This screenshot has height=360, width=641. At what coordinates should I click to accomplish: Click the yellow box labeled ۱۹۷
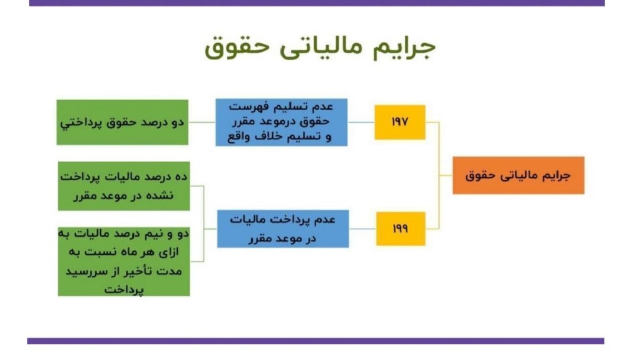click(400, 122)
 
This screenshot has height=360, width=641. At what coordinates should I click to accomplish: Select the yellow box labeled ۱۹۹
click(401, 229)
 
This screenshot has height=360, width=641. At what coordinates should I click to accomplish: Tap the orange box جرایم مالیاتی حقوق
click(518, 175)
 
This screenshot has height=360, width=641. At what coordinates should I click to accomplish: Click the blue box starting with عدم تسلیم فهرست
click(282, 122)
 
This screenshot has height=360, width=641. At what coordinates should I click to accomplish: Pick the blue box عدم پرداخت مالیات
click(283, 229)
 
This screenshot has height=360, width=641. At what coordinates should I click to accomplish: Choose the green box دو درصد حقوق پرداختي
click(122, 122)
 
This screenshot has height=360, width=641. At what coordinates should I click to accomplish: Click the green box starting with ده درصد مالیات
click(124, 186)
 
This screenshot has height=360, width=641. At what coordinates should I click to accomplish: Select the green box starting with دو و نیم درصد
click(124, 262)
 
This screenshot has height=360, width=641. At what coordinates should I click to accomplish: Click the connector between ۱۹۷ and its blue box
click(361, 122)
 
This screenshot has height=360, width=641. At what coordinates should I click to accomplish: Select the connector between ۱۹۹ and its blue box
click(362, 229)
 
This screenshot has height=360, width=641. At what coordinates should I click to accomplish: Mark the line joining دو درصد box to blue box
click(202, 122)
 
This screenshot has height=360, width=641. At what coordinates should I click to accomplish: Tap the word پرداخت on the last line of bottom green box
click(124, 290)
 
